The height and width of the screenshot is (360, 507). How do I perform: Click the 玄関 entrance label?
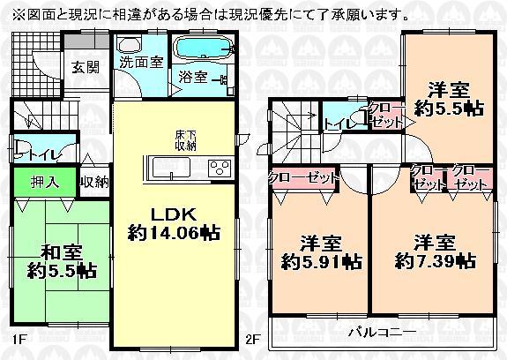(85, 66)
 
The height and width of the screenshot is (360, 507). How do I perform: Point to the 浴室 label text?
(193, 77)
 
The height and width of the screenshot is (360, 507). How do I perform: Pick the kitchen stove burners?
(218, 168)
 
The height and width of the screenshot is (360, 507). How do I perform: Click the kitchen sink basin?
(168, 168)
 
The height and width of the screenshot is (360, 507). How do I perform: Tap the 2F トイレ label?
(338, 124)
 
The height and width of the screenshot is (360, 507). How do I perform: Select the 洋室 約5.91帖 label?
(322, 251)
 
